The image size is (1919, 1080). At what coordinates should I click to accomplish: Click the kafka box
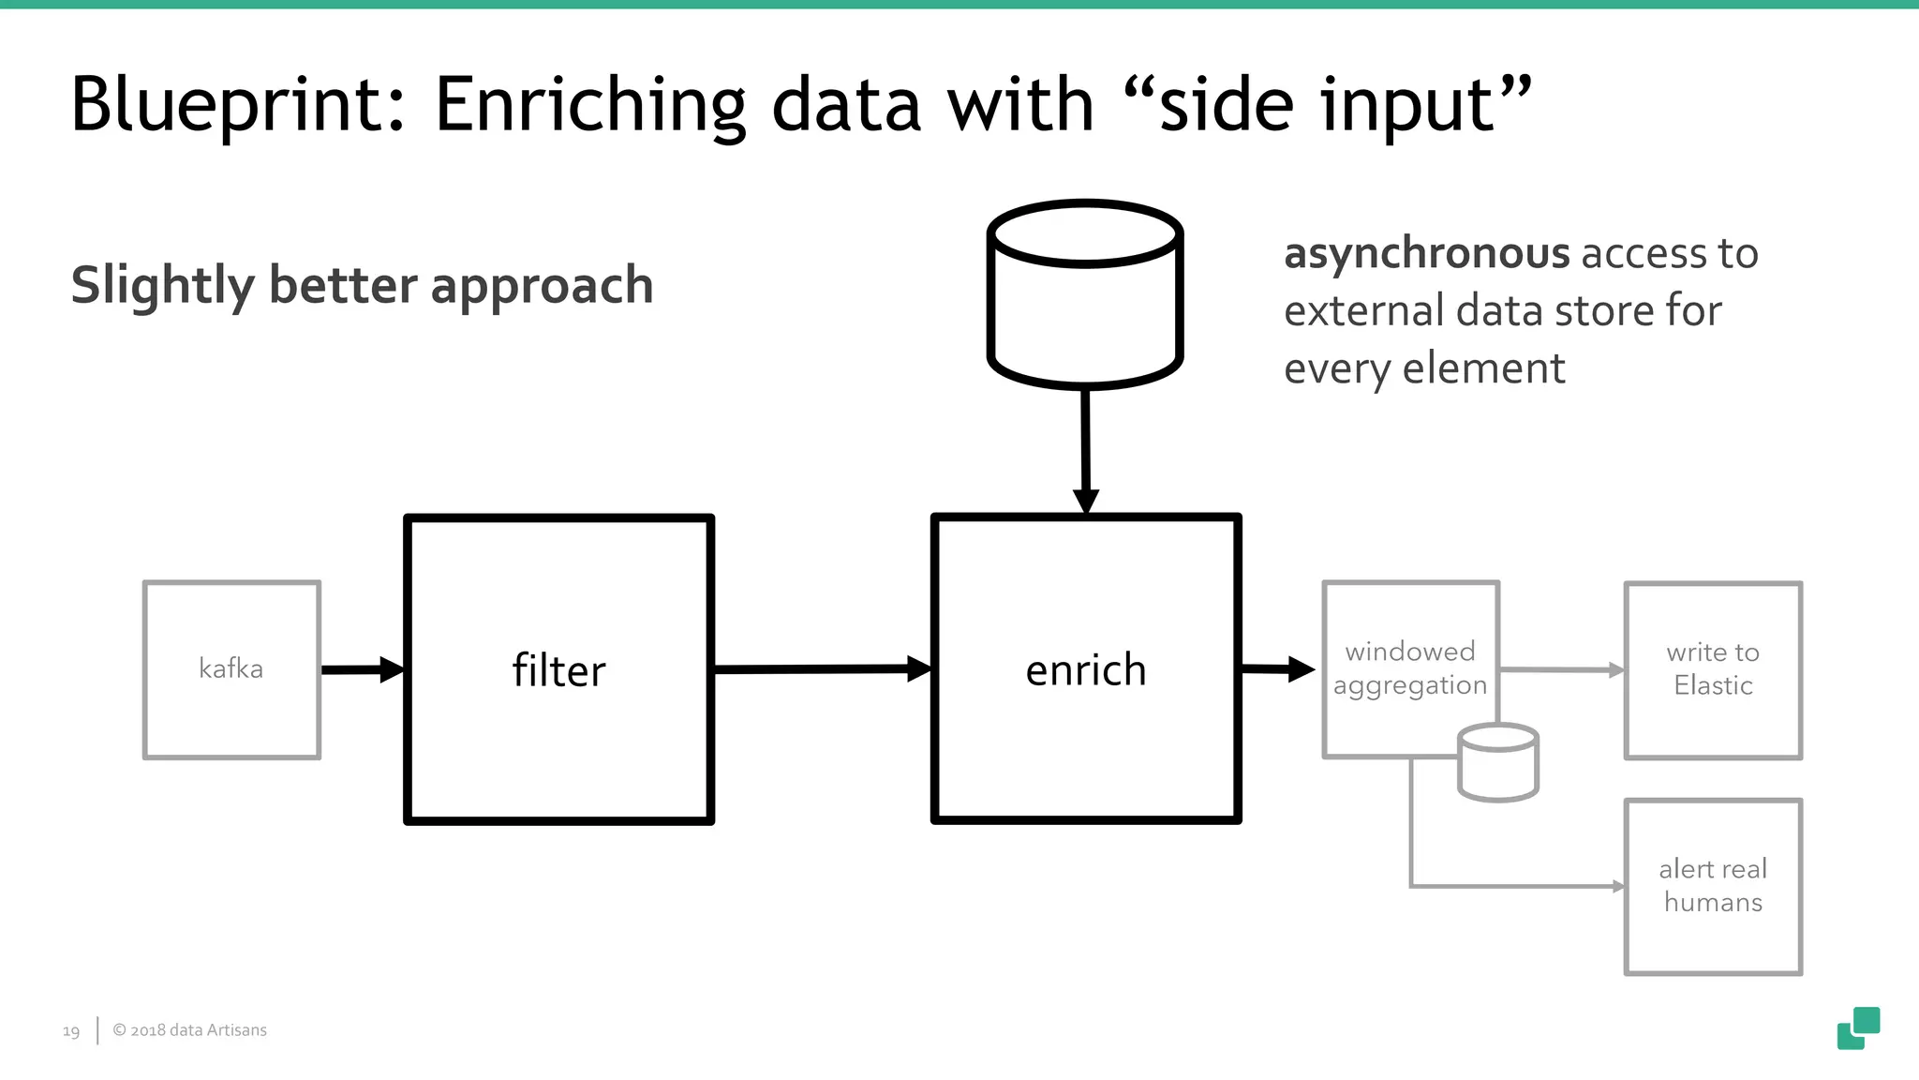click(x=231, y=669)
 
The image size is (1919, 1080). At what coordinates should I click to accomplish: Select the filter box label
click(x=558, y=671)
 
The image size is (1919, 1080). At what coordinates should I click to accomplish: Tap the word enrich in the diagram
click(x=1085, y=670)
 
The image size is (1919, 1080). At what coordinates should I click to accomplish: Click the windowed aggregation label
click(x=1409, y=668)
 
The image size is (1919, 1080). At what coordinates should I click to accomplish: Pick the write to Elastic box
click(x=1713, y=669)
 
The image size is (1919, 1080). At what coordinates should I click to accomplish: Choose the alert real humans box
click(x=1713, y=886)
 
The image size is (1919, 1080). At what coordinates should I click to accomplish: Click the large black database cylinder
click(x=1085, y=295)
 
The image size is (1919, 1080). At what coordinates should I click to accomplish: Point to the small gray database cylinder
click(x=1498, y=763)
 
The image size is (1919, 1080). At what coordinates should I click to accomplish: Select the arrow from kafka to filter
click(x=362, y=669)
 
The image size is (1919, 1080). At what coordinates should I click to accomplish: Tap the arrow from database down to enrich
click(x=1085, y=450)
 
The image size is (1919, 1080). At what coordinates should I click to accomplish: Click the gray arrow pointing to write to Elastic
click(x=1561, y=669)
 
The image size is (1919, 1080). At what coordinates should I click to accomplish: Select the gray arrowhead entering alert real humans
click(x=1617, y=886)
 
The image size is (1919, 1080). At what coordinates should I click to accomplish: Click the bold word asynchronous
click(x=1425, y=253)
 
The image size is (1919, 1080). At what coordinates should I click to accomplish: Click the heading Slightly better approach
click(x=362, y=285)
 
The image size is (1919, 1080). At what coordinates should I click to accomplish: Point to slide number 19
click(x=71, y=1031)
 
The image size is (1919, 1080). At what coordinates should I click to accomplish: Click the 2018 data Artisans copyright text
click(x=189, y=1029)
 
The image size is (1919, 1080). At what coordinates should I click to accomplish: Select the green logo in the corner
click(x=1858, y=1028)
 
